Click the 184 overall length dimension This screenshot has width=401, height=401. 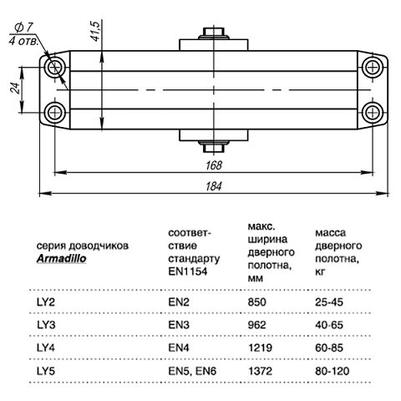(216, 185)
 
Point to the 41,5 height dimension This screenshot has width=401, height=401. (97, 32)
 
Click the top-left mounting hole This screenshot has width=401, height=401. (58, 67)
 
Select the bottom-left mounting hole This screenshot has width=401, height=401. (58, 112)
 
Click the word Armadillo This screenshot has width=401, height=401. (62, 258)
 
